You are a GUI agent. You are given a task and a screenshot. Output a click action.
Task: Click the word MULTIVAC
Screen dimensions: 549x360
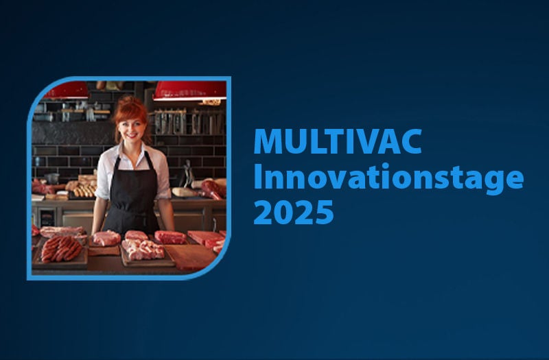point(338,141)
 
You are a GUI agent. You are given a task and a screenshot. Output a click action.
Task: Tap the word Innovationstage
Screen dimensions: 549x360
point(388,178)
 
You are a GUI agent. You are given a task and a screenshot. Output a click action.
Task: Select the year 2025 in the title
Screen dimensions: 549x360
point(294,212)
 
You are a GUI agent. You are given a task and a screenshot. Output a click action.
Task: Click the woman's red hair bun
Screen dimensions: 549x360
point(130,101)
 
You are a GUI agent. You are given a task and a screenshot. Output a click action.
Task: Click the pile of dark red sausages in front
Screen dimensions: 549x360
point(61,249)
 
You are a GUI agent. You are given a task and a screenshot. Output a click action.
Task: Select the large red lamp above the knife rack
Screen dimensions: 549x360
point(189,91)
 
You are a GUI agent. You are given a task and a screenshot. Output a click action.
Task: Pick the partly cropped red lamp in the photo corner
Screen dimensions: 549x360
point(67,91)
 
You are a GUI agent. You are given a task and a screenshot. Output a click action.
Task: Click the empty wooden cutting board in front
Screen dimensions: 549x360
point(190,256)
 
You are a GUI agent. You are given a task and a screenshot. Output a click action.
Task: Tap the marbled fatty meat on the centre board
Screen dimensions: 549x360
point(143,250)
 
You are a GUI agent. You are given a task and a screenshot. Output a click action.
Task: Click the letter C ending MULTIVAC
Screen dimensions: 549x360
point(410,141)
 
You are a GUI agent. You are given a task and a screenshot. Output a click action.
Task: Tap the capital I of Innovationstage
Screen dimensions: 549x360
point(258,176)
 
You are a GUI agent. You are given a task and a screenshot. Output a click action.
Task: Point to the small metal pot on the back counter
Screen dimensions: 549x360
point(52,178)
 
